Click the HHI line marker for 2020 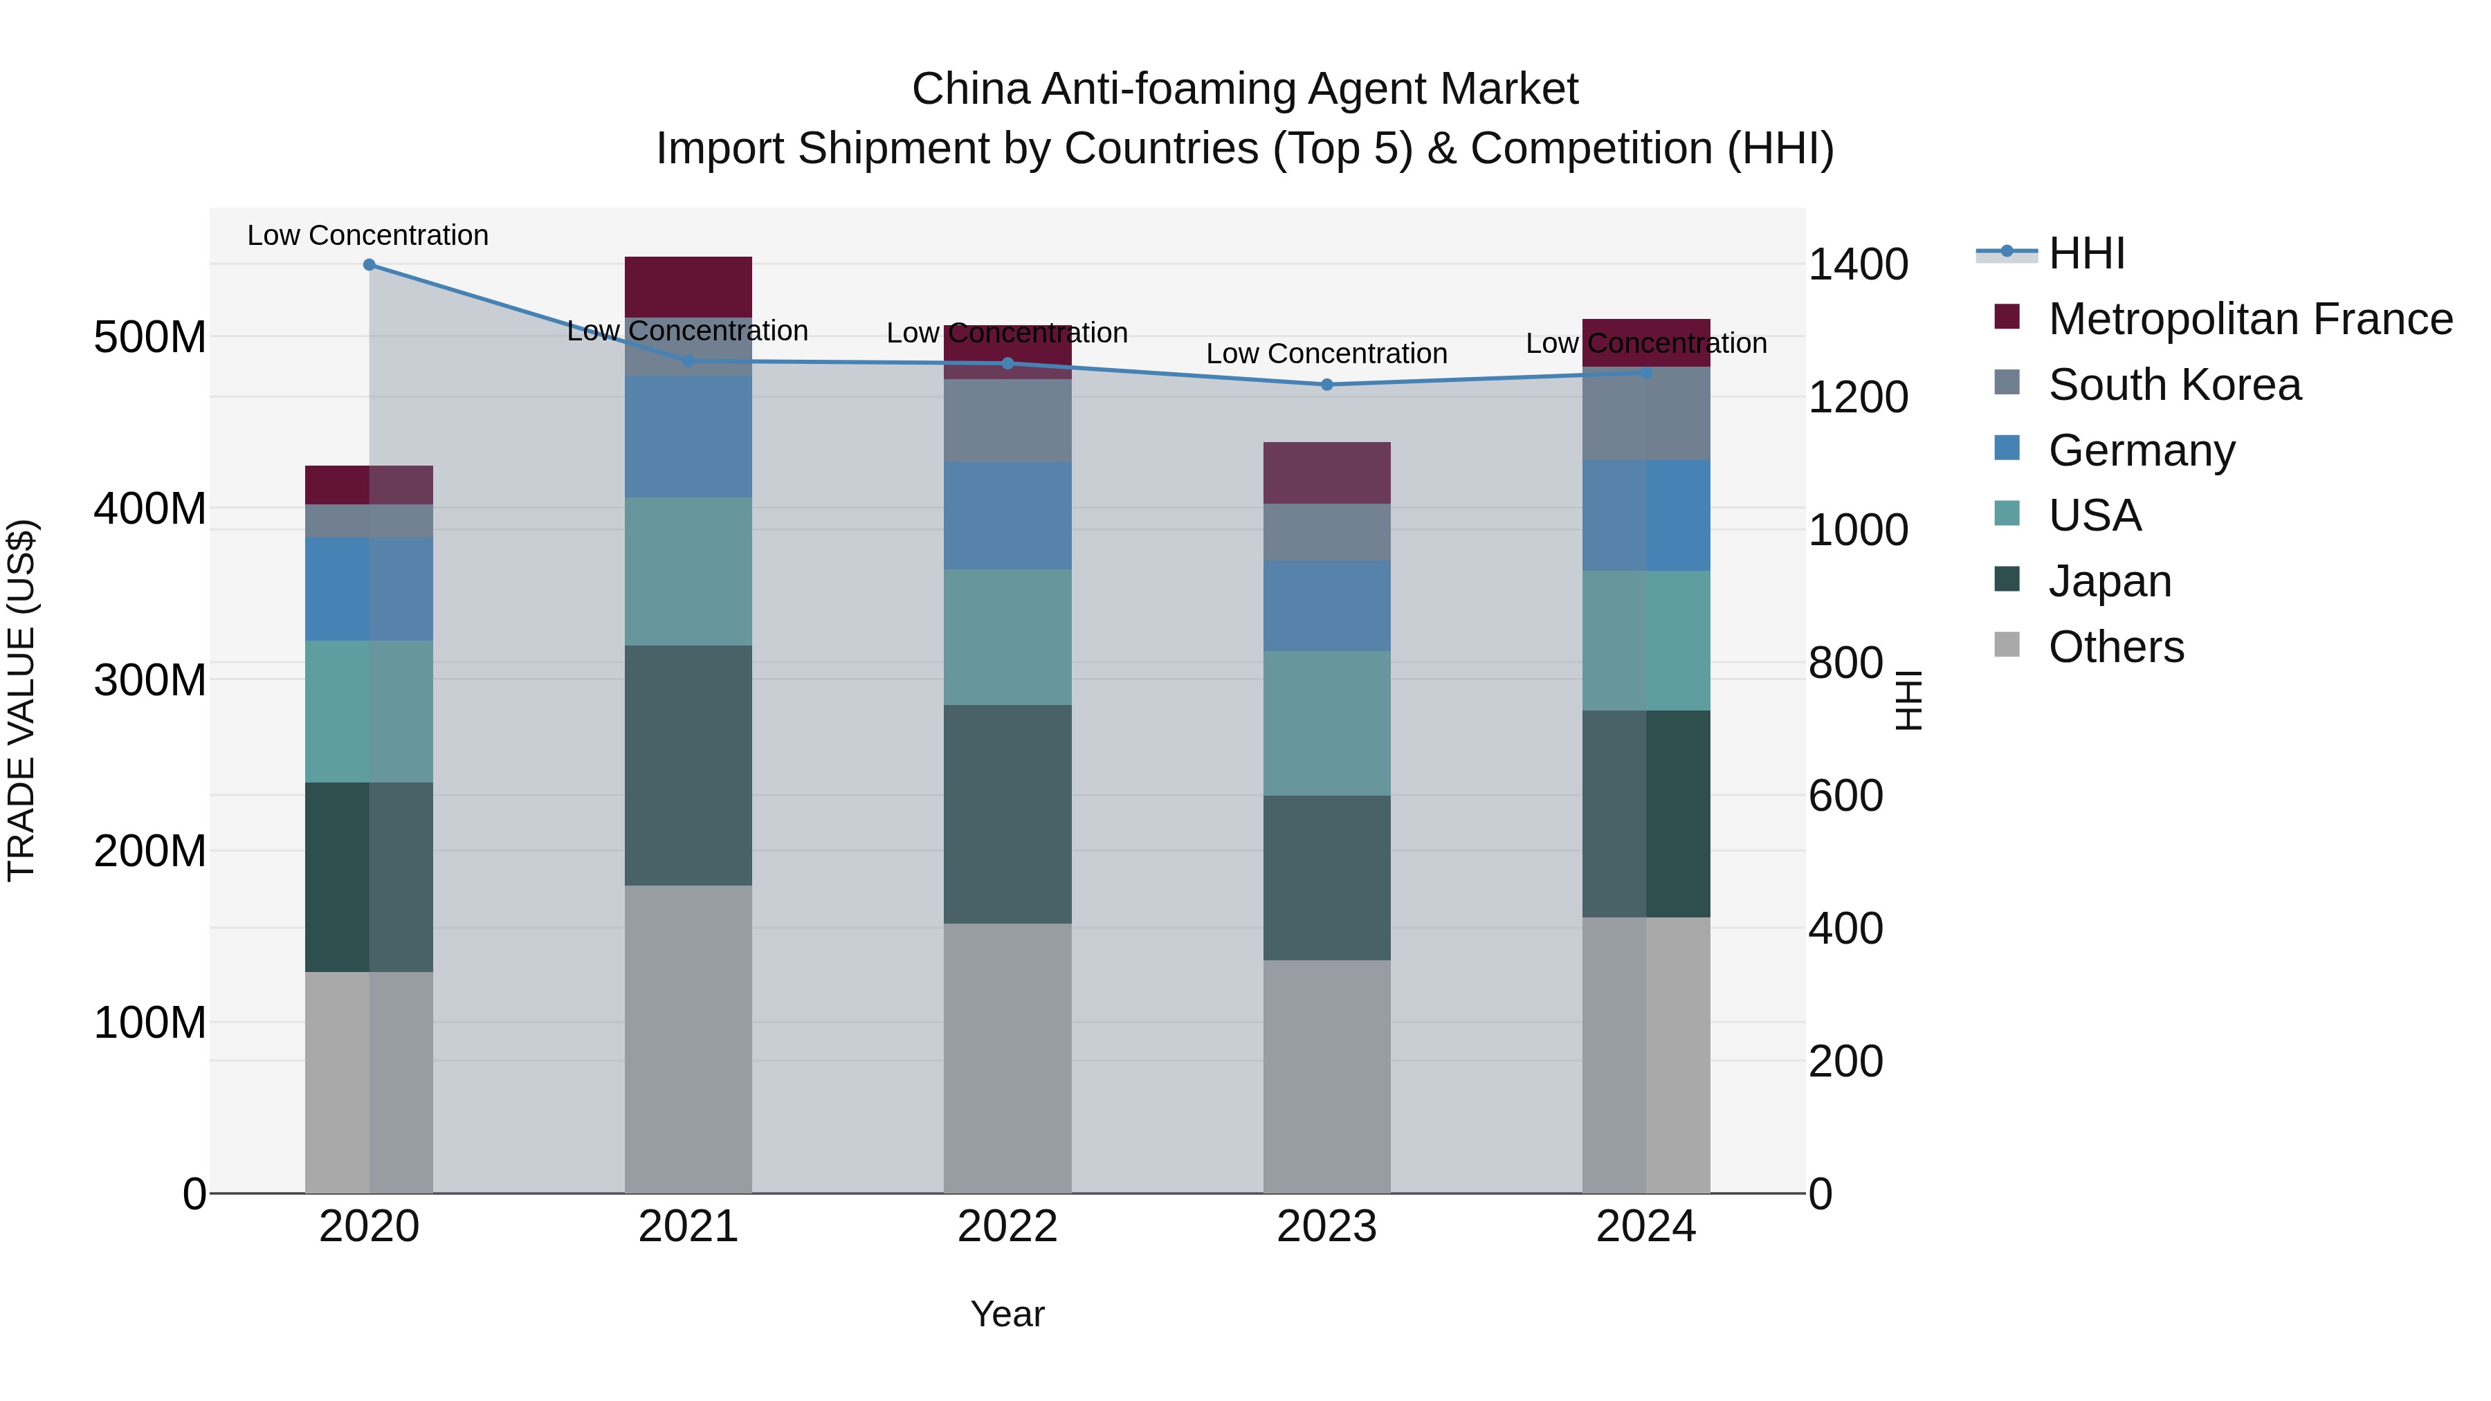(369, 265)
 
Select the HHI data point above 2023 (1326, 385)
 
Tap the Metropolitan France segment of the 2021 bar (688, 286)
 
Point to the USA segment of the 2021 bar (688, 571)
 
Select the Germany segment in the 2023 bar (1326, 605)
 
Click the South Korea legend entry (2174, 385)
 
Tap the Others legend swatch (2007, 645)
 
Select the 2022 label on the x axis (1007, 1227)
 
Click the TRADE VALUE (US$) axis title (21, 700)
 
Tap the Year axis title (1007, 1314)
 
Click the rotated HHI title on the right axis (1908, 700)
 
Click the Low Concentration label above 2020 (367, 235)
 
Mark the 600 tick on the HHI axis (1845, 796)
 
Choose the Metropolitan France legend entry (2250, 319)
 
